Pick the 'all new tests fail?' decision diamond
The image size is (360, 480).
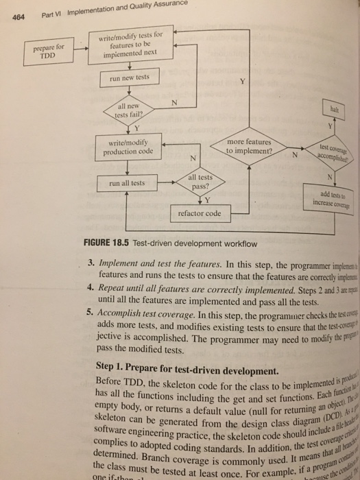(x=128, y=110)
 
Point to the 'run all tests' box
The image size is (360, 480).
(x=128, y=183)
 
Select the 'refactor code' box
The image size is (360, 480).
(x=199, y=213)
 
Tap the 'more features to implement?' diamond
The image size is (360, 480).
(x=250, y=147)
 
